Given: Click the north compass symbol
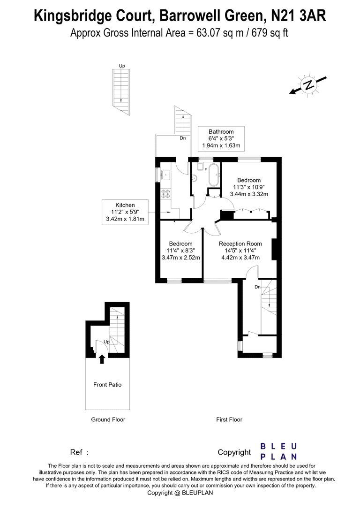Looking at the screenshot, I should click(x=308, y=85).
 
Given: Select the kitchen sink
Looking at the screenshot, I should click(x=165, y=175).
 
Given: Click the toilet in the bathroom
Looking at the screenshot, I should click(x=202, y=166).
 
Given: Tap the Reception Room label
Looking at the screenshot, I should click(x=240, y=244).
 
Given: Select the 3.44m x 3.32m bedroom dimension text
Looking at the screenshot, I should click(x=248, y=194).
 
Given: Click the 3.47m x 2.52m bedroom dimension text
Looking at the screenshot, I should click(x=181, y=258).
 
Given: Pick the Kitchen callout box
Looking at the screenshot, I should click(x=125, y=212).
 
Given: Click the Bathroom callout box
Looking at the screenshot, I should click(x=221, y=138).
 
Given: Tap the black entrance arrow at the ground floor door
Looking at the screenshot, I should click(x=101, y=359).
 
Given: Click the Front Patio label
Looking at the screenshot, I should click(x=107, y=385).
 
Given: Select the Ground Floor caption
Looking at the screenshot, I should click(x=108, y=419).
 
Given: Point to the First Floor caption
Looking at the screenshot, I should click(x=229, y=419).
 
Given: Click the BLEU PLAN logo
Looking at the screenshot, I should click(x=278, y=451).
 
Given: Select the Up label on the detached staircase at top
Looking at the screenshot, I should click(x=122, y=66).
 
